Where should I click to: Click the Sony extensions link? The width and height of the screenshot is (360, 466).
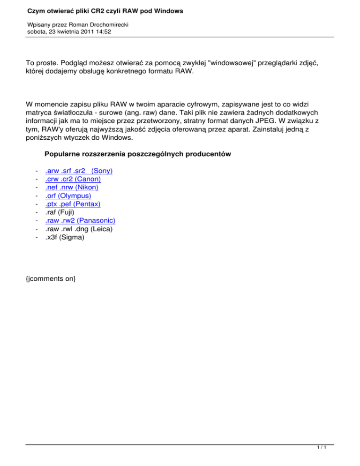point(79,171)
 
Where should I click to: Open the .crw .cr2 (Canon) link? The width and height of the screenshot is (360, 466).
point(73,179)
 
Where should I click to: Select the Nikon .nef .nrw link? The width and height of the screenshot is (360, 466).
point(71,188)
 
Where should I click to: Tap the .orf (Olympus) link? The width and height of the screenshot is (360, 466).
point(68,196)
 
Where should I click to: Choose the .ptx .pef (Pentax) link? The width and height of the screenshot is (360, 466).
point(73,204)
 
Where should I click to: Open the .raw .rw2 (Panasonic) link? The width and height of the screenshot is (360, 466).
point(80,221)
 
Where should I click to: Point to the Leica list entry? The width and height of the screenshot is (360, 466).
point(78,229)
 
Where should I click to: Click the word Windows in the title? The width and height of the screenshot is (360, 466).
point(166,10)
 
